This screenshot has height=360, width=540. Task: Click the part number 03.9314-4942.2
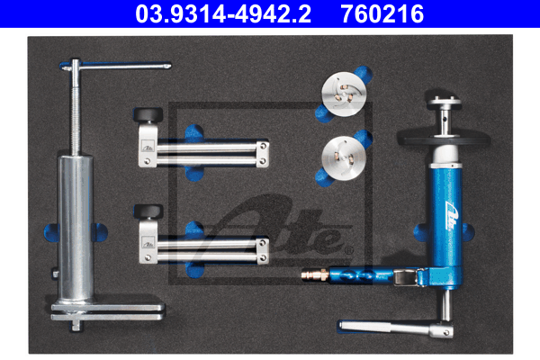point(223,13)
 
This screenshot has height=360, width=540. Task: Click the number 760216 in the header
point(382,13)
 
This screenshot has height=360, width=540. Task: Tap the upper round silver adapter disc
point(344,94)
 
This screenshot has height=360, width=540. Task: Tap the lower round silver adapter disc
point(344,158)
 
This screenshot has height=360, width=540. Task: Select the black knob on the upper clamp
point(148,114)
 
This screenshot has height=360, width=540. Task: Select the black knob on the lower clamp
point(148,211)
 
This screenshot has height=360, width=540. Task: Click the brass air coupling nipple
point(315,274)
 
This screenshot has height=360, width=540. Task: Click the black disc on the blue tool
point(444,139)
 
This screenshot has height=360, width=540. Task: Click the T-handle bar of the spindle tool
point(116,66)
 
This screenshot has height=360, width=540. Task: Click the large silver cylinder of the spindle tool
point(76,228)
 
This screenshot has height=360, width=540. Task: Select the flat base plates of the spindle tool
point(108,312)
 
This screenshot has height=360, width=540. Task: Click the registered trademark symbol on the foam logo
point(349,250)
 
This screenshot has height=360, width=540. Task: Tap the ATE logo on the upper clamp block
point(148,146)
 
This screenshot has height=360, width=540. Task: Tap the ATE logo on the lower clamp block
point(148,243)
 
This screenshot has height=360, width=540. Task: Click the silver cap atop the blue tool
point(444,102)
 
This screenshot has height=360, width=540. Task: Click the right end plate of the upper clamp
point(263,154)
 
